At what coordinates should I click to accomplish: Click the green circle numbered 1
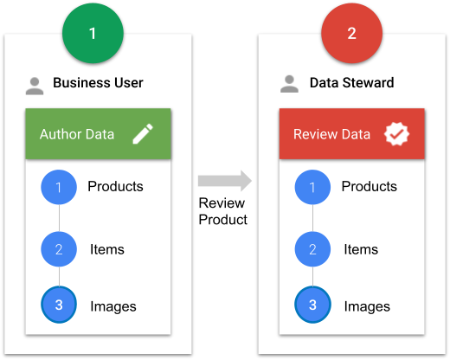(x=93, y=33)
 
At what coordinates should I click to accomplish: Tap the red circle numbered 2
(x=351, y=33)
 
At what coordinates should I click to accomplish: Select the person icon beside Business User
(x=35, y=86)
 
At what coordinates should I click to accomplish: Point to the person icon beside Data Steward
(x=289, y=84)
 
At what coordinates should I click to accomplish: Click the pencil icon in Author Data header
(x=143, y=133)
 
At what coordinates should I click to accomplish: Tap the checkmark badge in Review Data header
(x=396, y=134)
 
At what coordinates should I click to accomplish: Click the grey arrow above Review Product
(x=225, y=181)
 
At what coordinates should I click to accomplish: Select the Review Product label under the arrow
(x=222, y=211)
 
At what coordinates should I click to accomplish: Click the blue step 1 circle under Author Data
(x=59, y=187)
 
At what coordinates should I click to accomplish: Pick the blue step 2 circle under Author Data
(x=59, y=249)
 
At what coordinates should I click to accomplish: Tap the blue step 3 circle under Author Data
(x=59, y=305)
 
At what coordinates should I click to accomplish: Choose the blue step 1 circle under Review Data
(x=312, y=187)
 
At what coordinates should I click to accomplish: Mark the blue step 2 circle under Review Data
(x=312, y=249)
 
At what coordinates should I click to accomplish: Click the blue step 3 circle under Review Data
(x=312, y=305)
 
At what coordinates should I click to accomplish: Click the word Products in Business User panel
(x=115, y=186)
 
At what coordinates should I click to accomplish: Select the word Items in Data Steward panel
(x=361, y=249)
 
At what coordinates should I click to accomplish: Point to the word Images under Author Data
(x=113, y=306)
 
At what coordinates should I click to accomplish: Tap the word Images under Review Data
(x=367, y=306)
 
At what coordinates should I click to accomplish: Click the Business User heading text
(x=98, y=83)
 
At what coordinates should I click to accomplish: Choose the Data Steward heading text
(x=352, y=83)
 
